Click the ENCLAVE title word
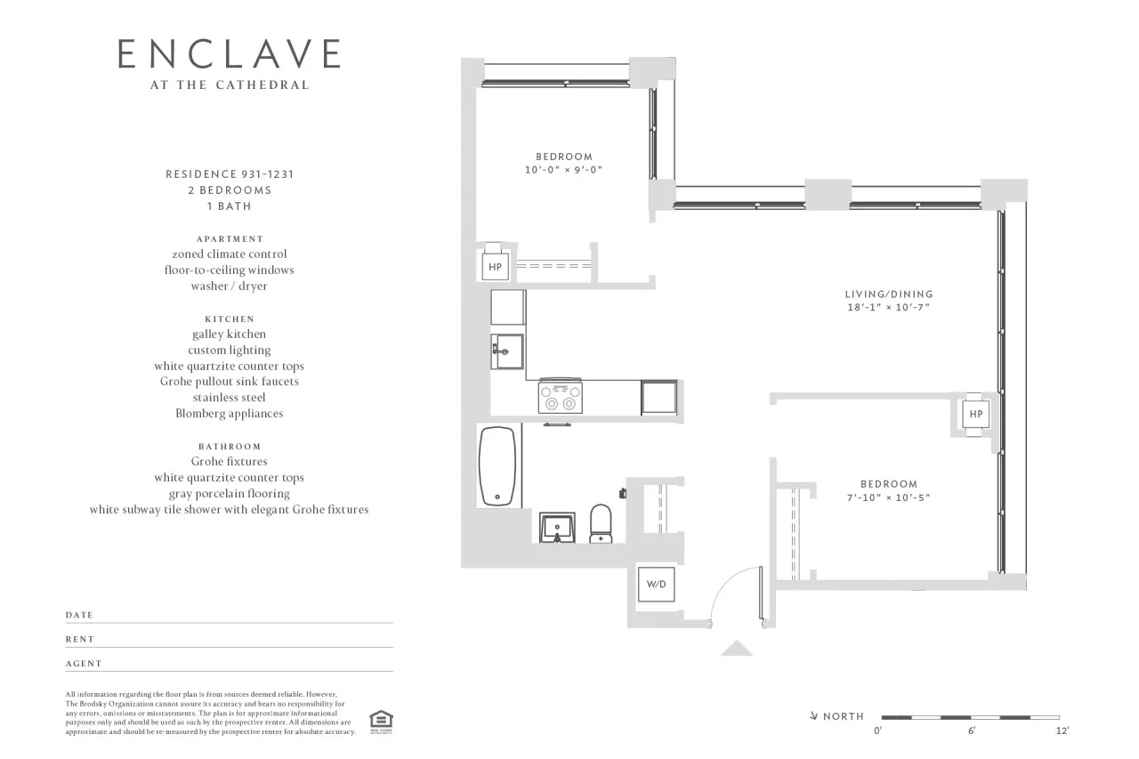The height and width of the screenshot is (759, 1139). [229, 54]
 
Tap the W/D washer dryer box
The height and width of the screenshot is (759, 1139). [656, 585]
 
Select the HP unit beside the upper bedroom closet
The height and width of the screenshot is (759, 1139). [495, 267]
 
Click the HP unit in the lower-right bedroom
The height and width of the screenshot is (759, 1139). [975, 414]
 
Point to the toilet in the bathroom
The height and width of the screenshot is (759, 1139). [602, 523]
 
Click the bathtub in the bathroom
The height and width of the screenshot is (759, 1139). [495, 467]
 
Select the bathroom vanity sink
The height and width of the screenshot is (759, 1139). [560, 527]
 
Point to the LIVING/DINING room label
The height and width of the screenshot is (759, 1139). [888, 294]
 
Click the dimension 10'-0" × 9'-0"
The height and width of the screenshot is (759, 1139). [564, 170]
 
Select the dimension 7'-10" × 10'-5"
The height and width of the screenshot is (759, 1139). [888, 498]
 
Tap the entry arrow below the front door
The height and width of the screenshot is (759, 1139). [736, 649]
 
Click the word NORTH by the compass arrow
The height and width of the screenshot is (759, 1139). [843, 716]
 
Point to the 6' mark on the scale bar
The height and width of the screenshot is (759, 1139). [971, 731]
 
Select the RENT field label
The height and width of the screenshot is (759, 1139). [80, 640]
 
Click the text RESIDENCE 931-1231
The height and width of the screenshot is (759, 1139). [229, 174]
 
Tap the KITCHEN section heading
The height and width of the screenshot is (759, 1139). [229, 319]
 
